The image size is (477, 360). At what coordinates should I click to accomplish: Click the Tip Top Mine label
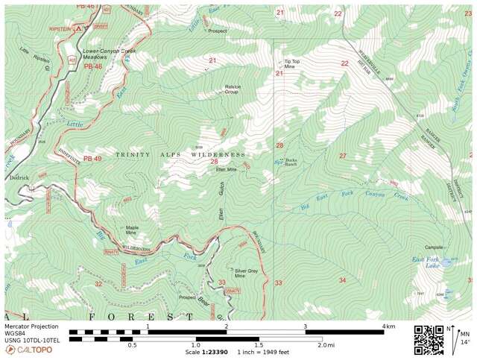[291, 64]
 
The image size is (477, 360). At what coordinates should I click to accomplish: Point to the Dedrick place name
[19, 177]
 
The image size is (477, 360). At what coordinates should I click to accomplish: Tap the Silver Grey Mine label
[246, 273]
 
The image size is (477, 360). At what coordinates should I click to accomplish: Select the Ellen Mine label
[226, 169]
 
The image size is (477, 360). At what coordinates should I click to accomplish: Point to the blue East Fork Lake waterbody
[449, 263]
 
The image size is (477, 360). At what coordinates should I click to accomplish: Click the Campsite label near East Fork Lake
[434, 247]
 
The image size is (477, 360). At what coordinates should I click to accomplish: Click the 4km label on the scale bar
[388, 326]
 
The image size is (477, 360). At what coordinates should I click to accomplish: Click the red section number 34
[342, 280]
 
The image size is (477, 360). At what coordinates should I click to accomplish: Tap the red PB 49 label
[92, 159]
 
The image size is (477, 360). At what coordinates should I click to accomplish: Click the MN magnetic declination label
[465, 333]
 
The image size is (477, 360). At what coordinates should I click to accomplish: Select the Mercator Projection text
[31, 326]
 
